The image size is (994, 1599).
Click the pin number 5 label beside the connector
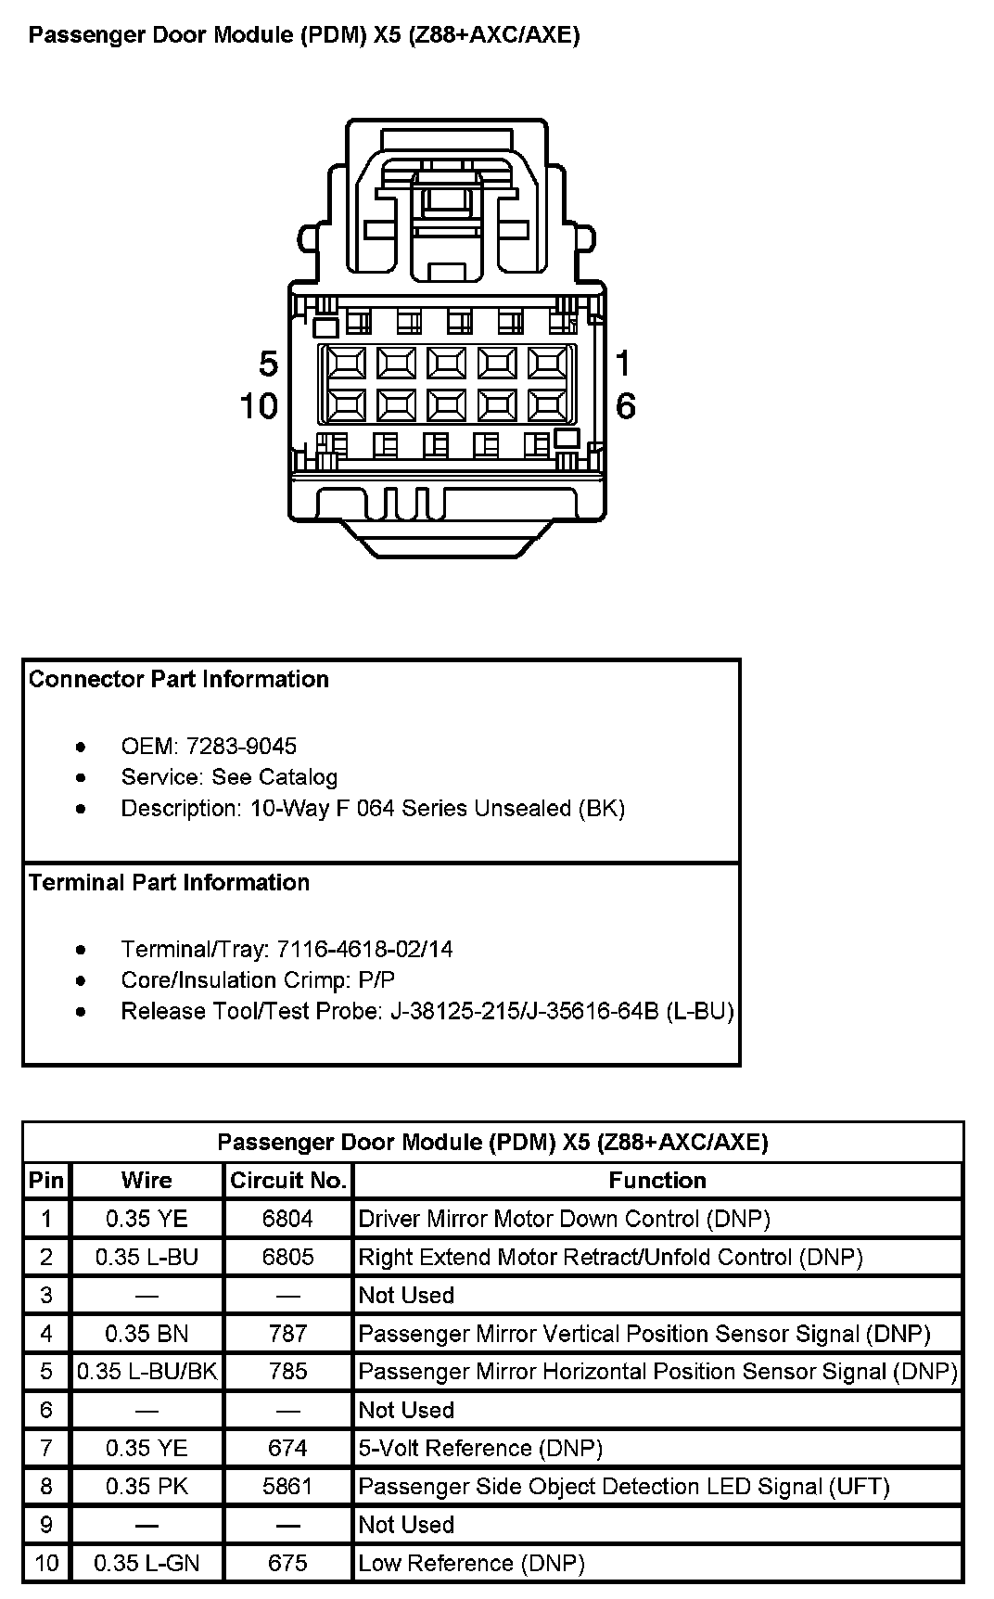pyautogui.click(x=268, y=364)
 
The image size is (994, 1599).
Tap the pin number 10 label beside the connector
pyautogui.click(x=259, y=405)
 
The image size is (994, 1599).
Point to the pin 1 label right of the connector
pyautogui.click(x=623, y=363)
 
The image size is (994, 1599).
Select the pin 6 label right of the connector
pyautogui.click(x=626, y=405)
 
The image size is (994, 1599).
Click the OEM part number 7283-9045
pyautogui.click(x=241, y=746)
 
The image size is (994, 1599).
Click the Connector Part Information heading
pyautogui.click(x=179, y=679)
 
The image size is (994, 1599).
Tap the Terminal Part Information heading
pyautogui.click(x=169, y=882)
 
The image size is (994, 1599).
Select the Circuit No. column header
pyautogui.click(x=287, y=1180)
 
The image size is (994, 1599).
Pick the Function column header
pyautogui.click(x=657, y=1180)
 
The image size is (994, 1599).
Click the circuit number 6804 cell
pyautogui.click(x=287, y=1219)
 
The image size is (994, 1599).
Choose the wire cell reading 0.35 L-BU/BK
pyautogui.click(x=147, y=1371)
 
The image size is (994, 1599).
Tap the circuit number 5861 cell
pyautogui.click(x=287, y=1486)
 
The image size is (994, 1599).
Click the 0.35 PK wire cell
pyautogui.click(x=147, y=1486)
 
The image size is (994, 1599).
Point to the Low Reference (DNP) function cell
pyautogui.click(x=471, y=1563)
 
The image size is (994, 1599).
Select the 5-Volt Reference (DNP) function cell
pyautogui.click(x=480, y=1448)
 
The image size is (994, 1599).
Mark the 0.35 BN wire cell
pyautogui.click(x=147, y=1334)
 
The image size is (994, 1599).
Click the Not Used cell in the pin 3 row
pyautogui.click(x=406, y=1295)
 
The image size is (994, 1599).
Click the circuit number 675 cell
pyautogui.click(x=287, y=1563)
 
